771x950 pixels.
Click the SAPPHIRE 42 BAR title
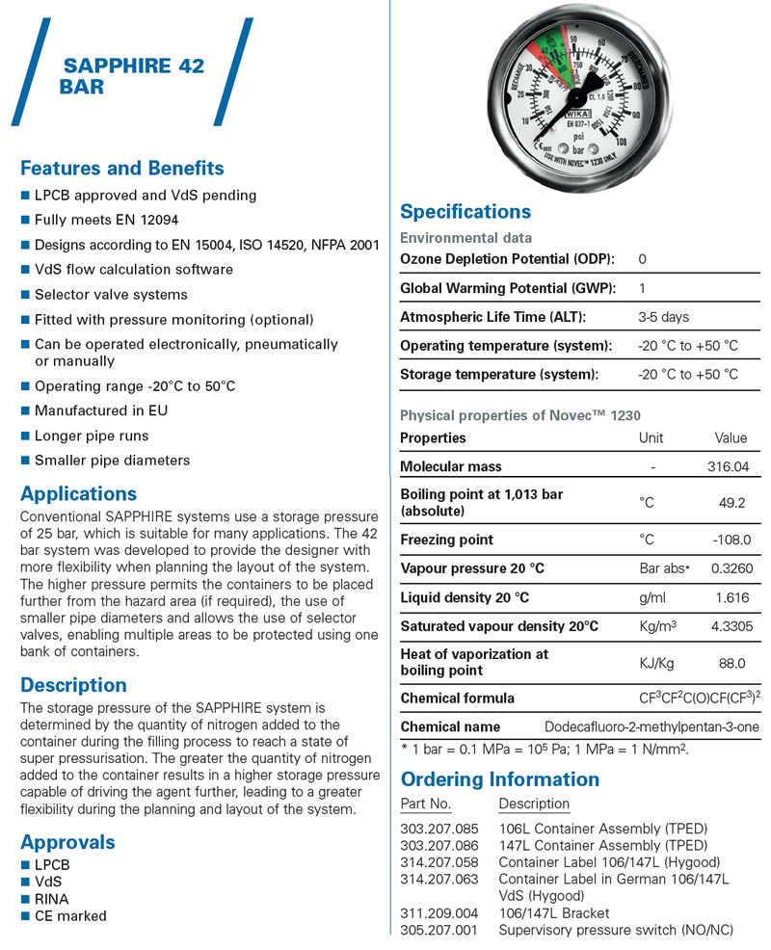(132, 76)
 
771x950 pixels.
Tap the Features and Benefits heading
(122, 168)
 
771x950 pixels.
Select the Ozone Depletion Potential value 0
(643, 259)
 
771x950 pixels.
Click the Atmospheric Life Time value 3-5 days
(663, 316)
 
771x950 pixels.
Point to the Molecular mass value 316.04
(729, 466)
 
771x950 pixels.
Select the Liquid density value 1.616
(731, 597)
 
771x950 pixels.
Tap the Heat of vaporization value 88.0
(731, 663)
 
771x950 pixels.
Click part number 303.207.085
(439, 829)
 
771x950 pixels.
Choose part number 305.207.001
(439, 930)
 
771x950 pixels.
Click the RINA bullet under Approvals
(51, 899)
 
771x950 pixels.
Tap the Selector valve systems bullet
(111, 294)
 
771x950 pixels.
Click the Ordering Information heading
(499, 778)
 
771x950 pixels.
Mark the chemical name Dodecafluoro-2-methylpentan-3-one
(651, 726)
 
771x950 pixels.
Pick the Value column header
(731, 437)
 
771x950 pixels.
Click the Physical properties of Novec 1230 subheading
(520, 415)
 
